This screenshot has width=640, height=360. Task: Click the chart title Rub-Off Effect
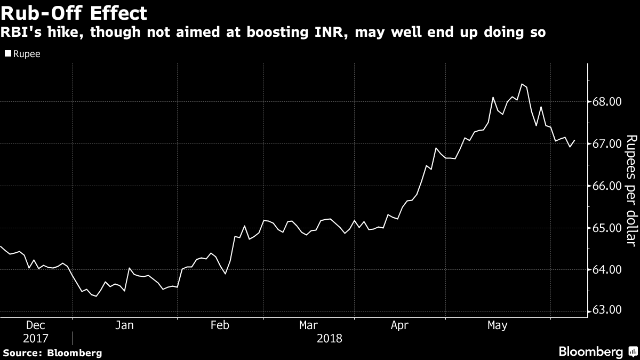coord(74,12)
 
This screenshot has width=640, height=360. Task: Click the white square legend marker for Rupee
coord(7,54)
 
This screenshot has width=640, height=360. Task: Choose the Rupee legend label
coord(27,54)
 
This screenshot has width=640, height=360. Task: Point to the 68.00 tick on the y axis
coord(606,102)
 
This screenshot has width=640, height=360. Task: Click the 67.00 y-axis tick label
coord(606,144)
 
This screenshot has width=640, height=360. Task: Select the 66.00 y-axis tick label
coord(606,186)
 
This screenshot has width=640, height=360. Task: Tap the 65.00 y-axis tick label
coord(606,228)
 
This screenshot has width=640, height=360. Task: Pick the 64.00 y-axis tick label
coord(606,270)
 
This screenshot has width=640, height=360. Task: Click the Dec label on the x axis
coord(35,325)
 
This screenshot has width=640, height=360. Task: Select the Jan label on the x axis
coord(124,325)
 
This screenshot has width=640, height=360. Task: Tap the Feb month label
coord(220,325)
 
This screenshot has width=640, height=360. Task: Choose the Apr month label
coord(399,325)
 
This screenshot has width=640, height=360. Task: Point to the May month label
coord(498,325)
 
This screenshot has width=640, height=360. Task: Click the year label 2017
coord(35,338)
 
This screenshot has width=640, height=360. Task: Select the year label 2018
coord(329,338)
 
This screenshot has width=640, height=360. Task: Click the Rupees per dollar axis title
coord(631,197)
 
